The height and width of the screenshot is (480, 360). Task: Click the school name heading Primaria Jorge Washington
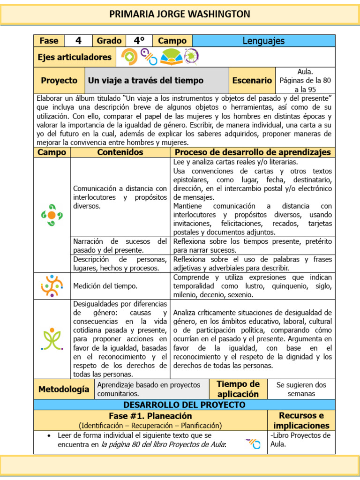coord(180,14)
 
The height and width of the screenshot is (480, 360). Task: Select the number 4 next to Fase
coord(78,41)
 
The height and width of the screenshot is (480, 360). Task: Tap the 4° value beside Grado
coord(139,41)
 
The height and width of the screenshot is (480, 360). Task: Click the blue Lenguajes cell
coord(263,41)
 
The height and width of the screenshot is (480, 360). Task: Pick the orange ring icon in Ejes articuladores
coord(129,57)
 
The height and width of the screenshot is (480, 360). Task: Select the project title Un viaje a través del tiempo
coord(146,81)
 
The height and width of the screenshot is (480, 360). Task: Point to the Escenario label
coord(252,81)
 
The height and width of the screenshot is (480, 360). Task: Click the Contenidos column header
coord(120,152)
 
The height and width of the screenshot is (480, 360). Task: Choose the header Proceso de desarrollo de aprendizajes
coord(253,152)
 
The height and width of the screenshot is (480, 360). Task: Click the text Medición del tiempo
coord(98,286)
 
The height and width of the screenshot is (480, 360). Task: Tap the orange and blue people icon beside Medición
coord(52,286)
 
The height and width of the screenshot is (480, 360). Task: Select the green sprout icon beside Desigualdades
coord(52,339)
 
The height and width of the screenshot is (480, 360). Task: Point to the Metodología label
coord(63,389)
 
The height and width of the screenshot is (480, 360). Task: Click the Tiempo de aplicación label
coord(238,389)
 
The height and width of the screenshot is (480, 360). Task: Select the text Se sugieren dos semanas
coord(301,389)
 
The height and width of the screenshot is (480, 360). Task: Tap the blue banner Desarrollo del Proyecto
coord(184,405)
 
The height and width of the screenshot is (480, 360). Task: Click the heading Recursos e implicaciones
coord(301,420)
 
